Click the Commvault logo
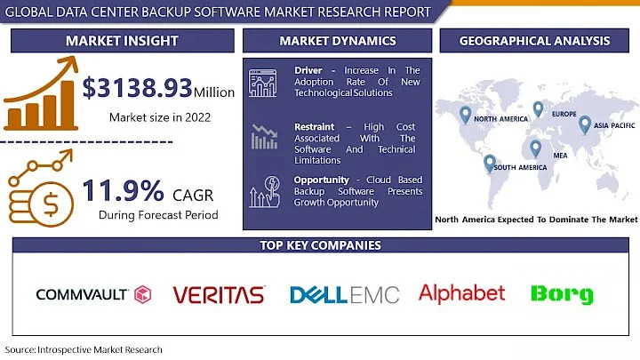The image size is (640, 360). [x=93, y=294]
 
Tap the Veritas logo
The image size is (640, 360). [x=219, y=295]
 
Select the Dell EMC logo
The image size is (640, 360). [x=344, y=294]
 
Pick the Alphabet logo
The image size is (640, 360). [x=461, y=292]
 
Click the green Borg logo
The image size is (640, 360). [x=561, y=294]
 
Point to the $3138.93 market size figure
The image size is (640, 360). [x=138, y=88]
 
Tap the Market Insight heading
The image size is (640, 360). [x=122, y=41]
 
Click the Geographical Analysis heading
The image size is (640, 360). [x=534, y=41]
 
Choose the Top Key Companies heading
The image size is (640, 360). [x=320, y=245]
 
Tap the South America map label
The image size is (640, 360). [x=521, y=167]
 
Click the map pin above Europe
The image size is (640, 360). [x=538, y=108]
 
